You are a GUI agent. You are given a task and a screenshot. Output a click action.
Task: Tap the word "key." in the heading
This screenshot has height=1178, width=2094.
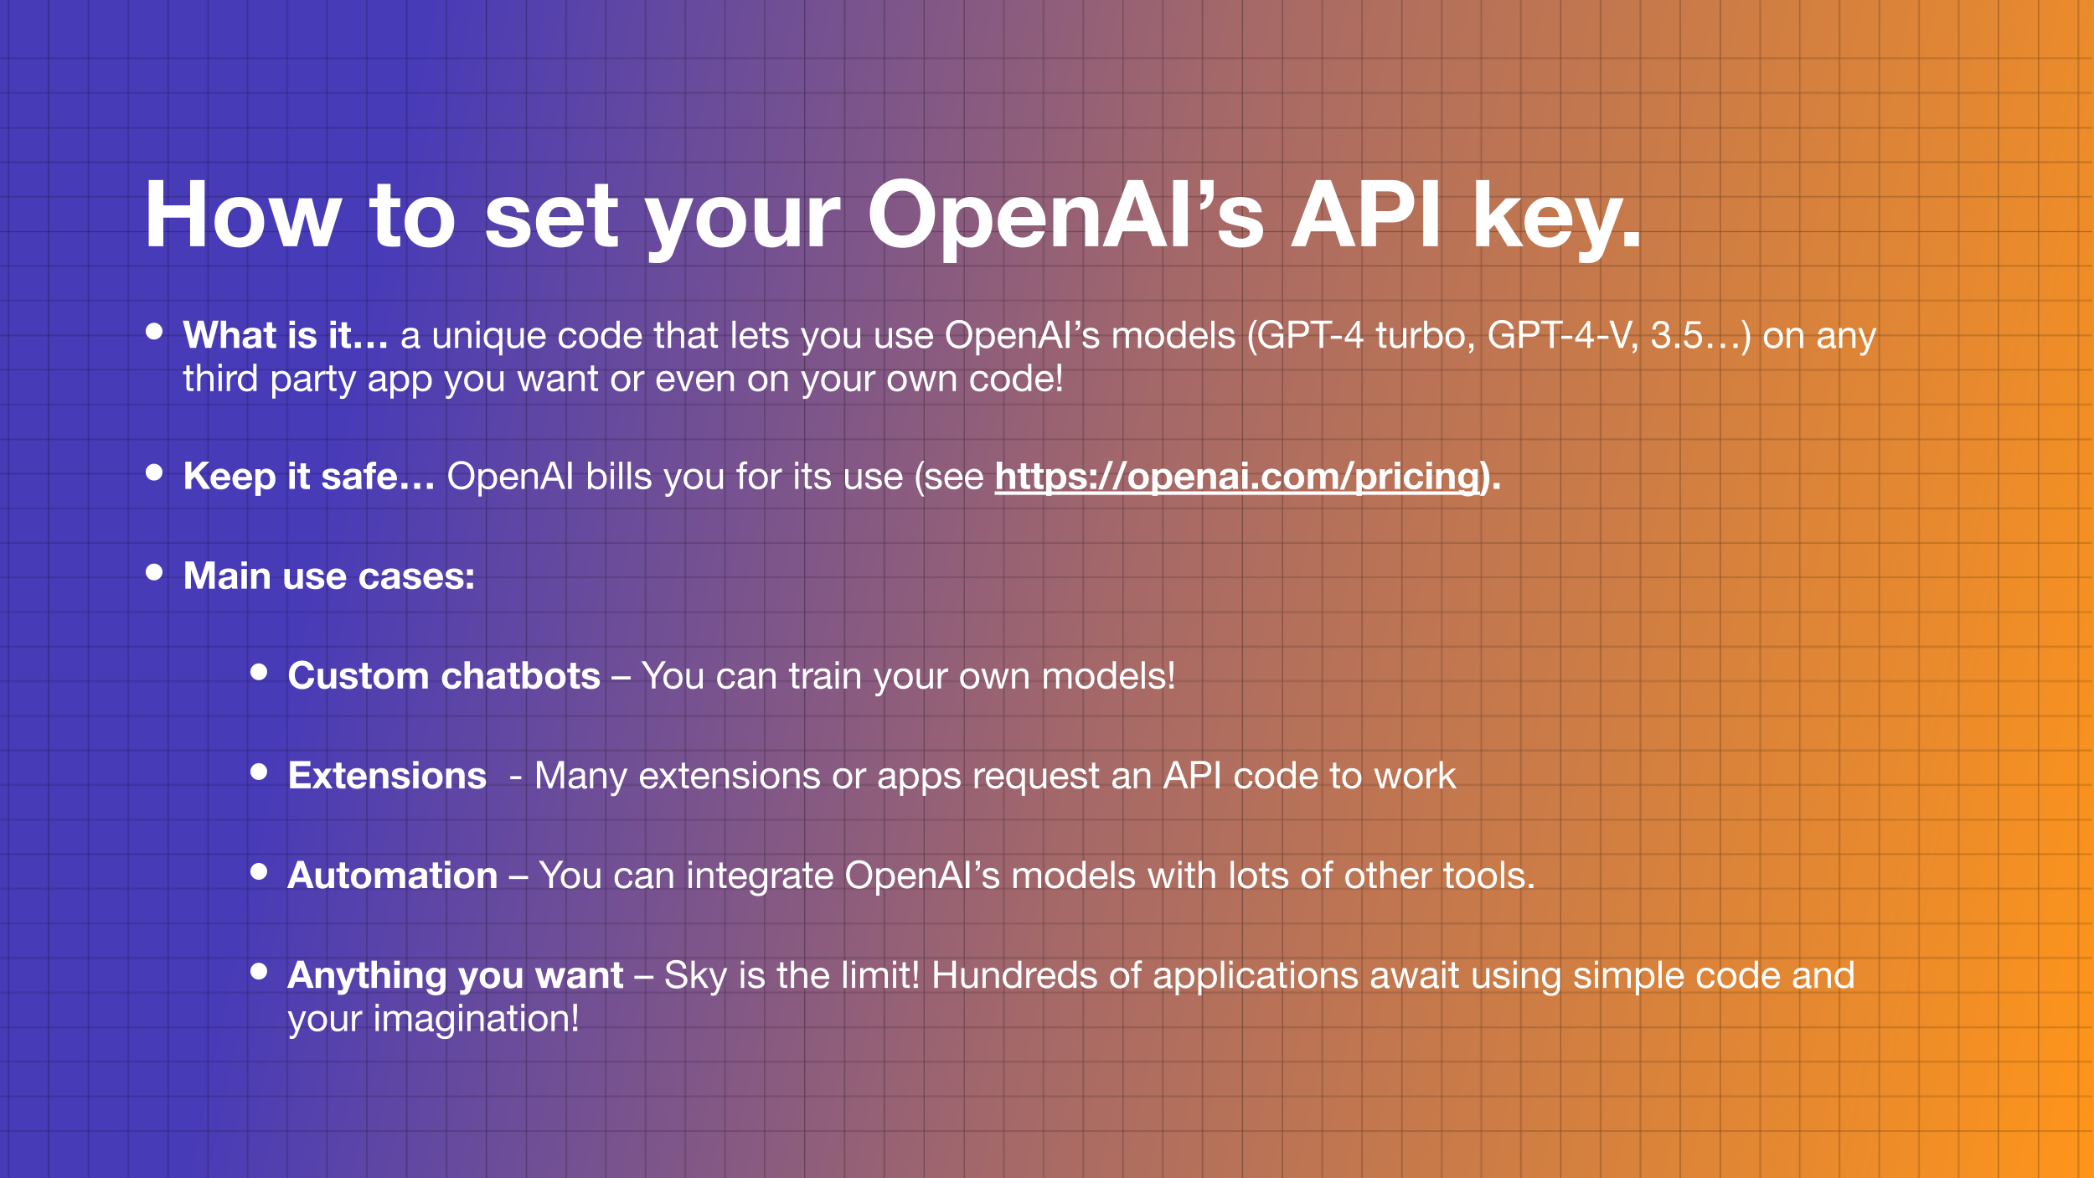point(1556,220)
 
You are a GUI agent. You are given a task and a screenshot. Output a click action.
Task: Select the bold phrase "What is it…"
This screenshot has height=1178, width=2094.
point(286,335)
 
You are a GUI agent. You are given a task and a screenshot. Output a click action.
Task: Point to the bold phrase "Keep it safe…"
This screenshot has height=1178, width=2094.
point(309,477)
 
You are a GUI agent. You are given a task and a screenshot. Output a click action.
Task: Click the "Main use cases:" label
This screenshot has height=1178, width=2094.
point(329,576)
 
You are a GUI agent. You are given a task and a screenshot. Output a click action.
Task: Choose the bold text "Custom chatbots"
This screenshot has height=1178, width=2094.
point(444,676)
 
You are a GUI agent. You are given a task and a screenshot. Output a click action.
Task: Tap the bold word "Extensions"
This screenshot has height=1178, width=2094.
point(387,776)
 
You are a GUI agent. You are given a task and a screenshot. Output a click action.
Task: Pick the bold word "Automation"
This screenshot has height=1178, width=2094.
point(393,876)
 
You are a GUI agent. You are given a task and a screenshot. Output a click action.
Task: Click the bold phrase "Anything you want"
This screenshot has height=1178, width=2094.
point(456,976)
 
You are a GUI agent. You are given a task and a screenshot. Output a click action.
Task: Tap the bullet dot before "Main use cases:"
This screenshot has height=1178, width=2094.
point(154,572)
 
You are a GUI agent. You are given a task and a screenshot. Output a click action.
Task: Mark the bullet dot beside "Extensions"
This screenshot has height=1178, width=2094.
point(259,772)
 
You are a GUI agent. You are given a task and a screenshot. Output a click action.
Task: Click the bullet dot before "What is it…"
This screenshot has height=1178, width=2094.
point(154,331)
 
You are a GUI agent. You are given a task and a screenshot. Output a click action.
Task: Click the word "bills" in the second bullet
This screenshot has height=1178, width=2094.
point(619,477)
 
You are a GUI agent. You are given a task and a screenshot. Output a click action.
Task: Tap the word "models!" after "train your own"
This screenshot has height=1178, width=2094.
point(1109,676)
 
